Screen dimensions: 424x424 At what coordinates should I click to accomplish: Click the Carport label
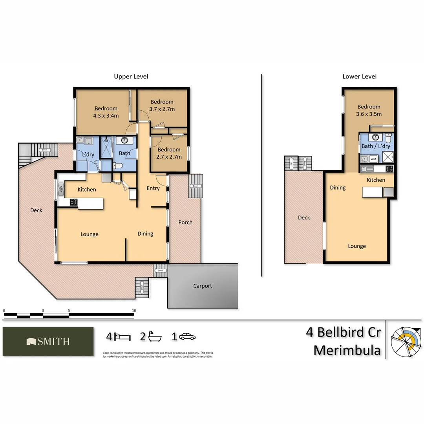tap(203, 286)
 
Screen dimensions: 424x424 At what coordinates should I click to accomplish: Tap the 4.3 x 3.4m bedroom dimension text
tap(106, 116)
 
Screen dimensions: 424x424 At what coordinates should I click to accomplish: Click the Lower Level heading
tap(359, 77)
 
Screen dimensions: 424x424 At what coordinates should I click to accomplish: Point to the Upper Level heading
tap(131, 77)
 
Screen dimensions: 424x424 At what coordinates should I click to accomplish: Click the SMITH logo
tap(48, 342)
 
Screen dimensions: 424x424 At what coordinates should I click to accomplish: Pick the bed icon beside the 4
tap(123, 337)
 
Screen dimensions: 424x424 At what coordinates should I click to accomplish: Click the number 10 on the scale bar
tap(134, 311)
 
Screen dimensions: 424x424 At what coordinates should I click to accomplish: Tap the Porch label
tap(185, 222)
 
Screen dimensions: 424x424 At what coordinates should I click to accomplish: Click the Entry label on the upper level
tap(153, 188)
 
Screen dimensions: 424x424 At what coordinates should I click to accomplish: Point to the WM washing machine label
tap(373, 159)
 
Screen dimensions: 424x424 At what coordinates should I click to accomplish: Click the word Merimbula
tap(347, 350)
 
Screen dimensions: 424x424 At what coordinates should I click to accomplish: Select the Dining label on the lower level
tap(338, 188)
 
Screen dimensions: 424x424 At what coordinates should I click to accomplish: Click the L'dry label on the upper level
tap(88, 155)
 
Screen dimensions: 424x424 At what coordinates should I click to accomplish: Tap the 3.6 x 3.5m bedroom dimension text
tap(369, 114)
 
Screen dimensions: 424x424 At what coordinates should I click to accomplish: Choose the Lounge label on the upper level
tap(90, 234)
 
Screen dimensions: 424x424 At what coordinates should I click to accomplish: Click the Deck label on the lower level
tap(304, 217)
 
